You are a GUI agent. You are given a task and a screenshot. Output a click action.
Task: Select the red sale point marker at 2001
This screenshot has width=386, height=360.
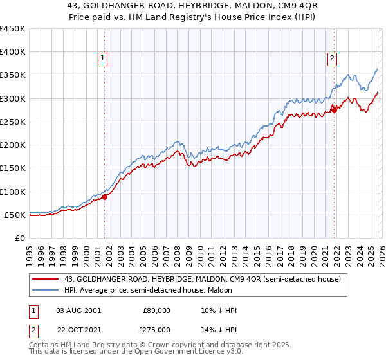104,197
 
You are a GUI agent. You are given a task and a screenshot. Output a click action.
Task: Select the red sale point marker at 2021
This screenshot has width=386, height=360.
335,110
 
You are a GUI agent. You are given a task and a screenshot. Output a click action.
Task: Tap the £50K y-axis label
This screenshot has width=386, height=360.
15,215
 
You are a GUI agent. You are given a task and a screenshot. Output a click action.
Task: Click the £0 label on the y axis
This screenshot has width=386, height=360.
19,238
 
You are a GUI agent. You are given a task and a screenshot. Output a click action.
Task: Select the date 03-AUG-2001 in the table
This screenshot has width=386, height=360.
79,310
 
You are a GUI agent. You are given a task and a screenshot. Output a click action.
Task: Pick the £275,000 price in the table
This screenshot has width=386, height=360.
156,330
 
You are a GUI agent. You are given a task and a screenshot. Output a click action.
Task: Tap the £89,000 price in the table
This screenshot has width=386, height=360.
156,310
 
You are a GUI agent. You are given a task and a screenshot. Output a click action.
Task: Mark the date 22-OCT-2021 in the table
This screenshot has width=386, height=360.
79,330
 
